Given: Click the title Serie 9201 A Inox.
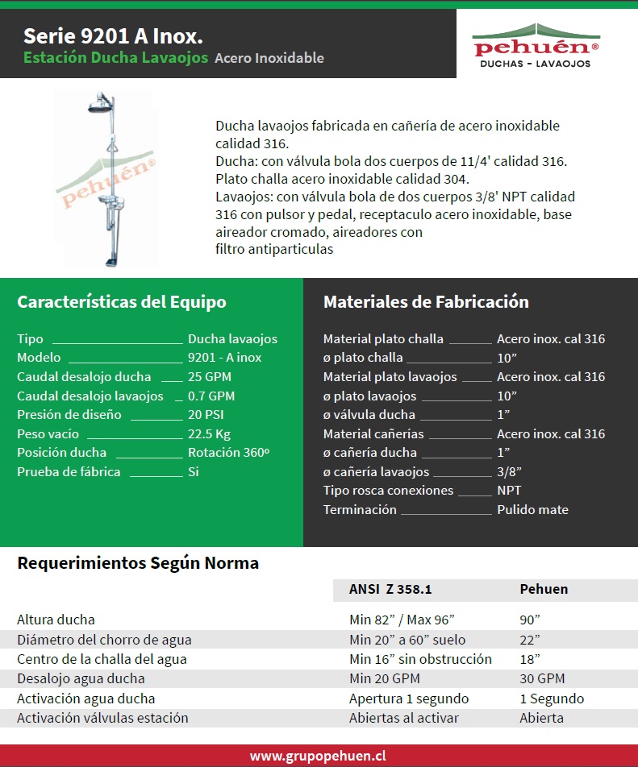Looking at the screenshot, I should point(113,36).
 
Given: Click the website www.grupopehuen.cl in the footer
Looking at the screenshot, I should point(318,756).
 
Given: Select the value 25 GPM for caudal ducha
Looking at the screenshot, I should point(210,376).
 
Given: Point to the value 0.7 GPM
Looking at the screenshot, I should point(211,396).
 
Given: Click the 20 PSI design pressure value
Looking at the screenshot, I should point(206,414).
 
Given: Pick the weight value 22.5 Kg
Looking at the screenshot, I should point(211,433).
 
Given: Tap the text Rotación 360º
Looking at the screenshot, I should point(228,452).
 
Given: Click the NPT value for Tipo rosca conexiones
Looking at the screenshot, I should point(509,490).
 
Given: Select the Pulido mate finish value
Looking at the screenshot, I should point(532,509).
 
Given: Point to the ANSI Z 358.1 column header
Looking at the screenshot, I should point(390,589).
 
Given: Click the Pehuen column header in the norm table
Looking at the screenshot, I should point(544,589).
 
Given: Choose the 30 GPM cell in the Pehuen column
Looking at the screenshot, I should point(542,678).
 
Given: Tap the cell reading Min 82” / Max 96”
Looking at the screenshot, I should point(402,620).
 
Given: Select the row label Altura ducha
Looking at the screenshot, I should point(56,620).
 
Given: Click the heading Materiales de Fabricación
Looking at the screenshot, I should point(426,302).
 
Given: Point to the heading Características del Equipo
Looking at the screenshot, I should point(122,302).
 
